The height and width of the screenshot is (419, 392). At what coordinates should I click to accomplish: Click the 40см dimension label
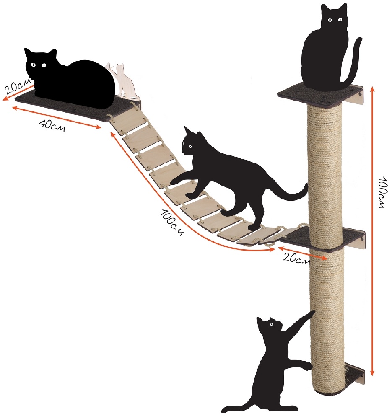point(52,125)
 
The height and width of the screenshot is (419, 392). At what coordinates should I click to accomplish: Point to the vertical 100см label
point(382,192)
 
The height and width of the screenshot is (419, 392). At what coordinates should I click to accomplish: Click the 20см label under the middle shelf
point(296,258)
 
